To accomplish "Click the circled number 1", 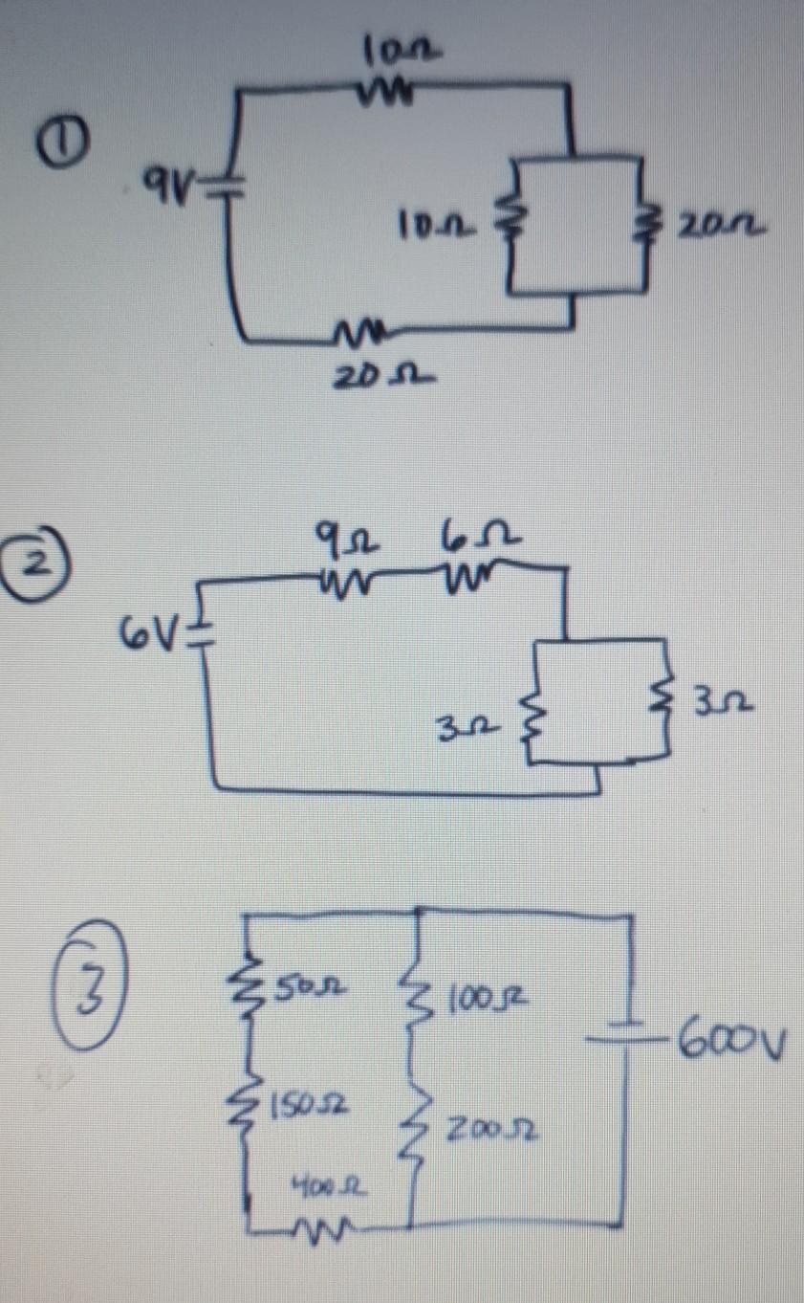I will click(x=56, y=143).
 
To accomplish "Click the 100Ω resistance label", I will click(x=498, y=1000).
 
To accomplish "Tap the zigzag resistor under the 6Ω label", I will click(x=466, y=575).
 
